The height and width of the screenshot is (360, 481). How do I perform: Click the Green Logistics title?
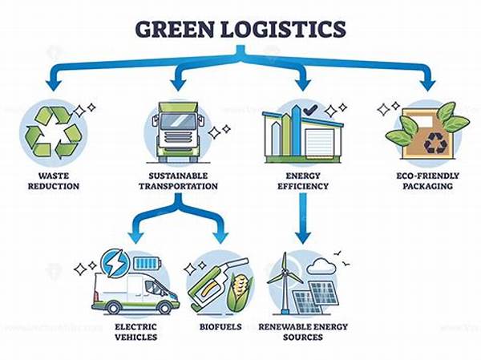(x=240, y=29)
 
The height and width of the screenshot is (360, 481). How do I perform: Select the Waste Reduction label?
(x=54, y=180)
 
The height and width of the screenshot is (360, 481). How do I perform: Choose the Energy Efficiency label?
(x=303, y=180)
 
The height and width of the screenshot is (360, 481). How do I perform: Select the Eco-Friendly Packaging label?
(x=427, y=180)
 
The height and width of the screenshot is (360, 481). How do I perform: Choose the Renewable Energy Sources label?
(x=302, y=332)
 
